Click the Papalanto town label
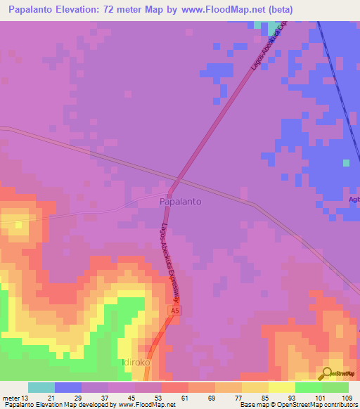180,201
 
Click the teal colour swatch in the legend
41,387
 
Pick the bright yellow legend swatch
282,387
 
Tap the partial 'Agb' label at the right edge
354,199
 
